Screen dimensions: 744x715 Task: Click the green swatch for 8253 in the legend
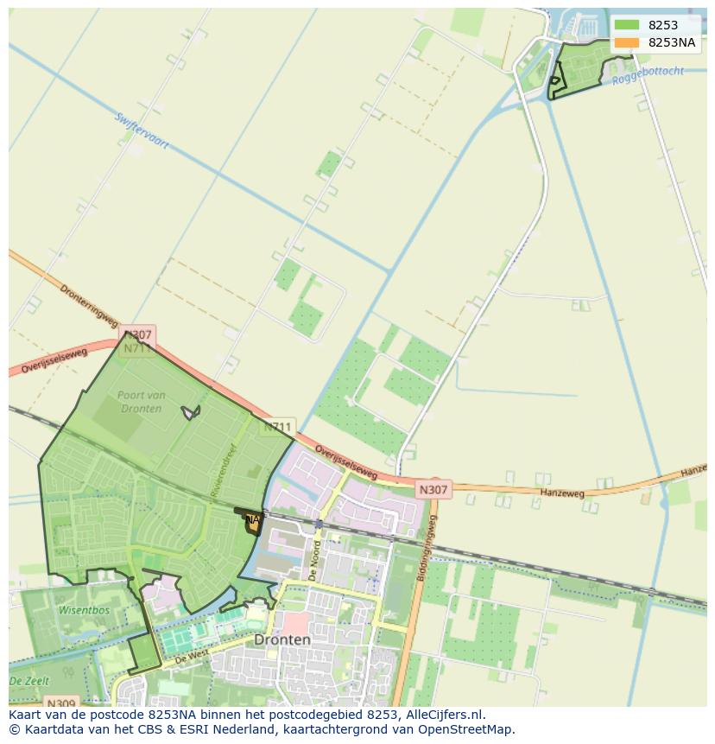(x=626, y=25)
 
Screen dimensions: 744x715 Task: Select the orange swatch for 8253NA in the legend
(x=626, y=42)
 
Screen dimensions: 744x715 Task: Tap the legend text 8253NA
(x=672, y=42)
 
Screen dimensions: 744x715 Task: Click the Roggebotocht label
(x=648, y=75)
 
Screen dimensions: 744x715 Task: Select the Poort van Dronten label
(x=139, y=402)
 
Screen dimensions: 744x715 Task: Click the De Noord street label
(x=315, y=559)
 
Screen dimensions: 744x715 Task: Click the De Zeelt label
(x=28, y=682)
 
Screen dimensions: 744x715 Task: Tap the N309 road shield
(x=60, y=703)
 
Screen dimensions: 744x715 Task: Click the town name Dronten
(x=282, y=640)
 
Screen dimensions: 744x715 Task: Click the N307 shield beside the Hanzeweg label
(x=433, y=490)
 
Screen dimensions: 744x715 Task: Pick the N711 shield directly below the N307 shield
(x=137, y=349)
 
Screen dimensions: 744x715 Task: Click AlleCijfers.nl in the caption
(x=445, y=715)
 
